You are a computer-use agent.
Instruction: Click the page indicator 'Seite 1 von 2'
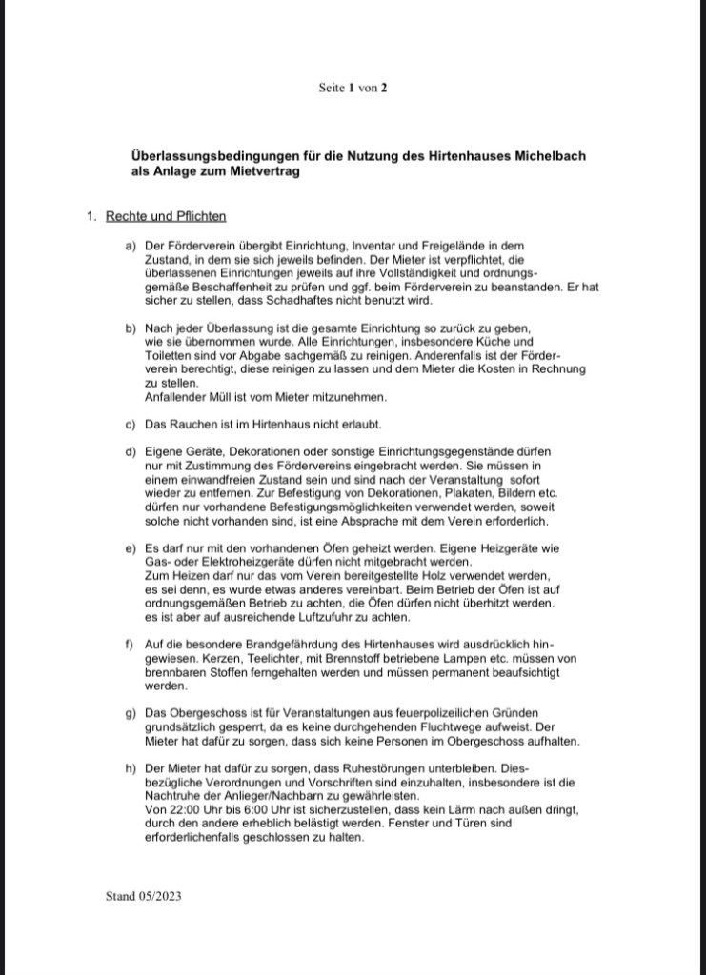(353, 88)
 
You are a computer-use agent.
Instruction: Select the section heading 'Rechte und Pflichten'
(166, 216)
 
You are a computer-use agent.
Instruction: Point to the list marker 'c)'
(131, 423)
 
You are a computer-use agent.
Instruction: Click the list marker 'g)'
(131, 712)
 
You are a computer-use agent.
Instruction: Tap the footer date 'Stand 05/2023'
(144, 896)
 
